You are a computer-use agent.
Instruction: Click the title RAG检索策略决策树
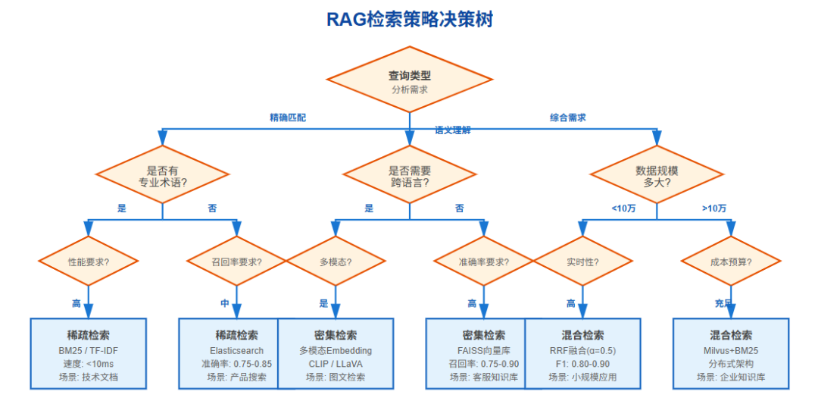tap(409, 20)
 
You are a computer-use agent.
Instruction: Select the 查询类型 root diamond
tap(409, 81)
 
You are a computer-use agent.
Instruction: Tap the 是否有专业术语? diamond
tap(162, 176)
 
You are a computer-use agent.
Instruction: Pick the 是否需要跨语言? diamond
tap(409, 176)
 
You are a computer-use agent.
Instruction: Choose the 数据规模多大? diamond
tap(656, 176)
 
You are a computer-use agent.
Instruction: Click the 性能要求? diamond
tap(88, 262)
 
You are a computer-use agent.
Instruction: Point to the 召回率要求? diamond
tap(236, 262)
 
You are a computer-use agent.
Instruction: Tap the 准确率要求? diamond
tap(483, 262)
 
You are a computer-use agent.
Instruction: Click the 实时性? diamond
tap(582, 262)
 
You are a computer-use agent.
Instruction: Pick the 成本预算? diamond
tap(730, 262)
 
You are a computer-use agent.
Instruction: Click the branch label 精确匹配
tap(288, 117)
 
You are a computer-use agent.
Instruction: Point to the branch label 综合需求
tap(567, 117)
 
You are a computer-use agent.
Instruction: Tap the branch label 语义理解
tap(452, 130)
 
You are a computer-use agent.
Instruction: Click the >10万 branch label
tap(713, 208)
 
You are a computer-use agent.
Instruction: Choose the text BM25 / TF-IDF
tap(88, 351)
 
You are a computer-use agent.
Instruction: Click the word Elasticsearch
tap(236, 351)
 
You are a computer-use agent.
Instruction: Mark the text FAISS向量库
tap(483, 351)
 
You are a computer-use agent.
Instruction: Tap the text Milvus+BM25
tap(730, 351)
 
